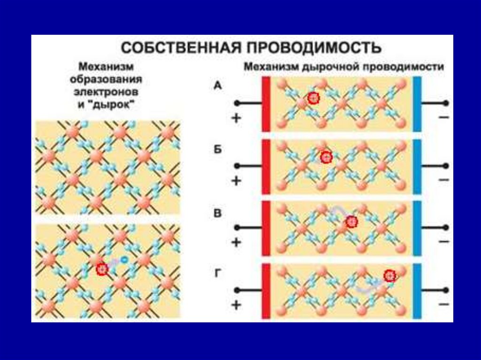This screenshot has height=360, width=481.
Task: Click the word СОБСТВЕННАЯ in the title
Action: (182, 48)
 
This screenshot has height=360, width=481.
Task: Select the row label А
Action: (217, 85)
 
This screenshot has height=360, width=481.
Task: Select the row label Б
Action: (217, 149)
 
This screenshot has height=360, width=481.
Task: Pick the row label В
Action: (217, 213)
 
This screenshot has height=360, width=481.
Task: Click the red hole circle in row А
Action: (314, 98)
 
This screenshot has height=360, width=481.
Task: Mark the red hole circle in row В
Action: (351, 222)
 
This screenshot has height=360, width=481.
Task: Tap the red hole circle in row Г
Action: (389, 276)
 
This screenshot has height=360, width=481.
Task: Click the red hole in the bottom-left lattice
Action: (102, 269)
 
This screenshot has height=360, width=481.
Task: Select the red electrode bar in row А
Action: (265, 104)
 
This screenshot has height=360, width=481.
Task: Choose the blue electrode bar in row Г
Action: (417, 291)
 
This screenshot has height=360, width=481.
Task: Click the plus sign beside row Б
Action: (236, 181)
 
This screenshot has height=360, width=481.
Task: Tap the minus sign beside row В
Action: (443, 243)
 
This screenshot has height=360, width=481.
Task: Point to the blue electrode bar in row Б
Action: (417, 167)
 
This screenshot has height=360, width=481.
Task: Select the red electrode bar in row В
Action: (265, 229)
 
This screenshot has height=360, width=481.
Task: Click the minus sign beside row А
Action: (443, 118)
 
